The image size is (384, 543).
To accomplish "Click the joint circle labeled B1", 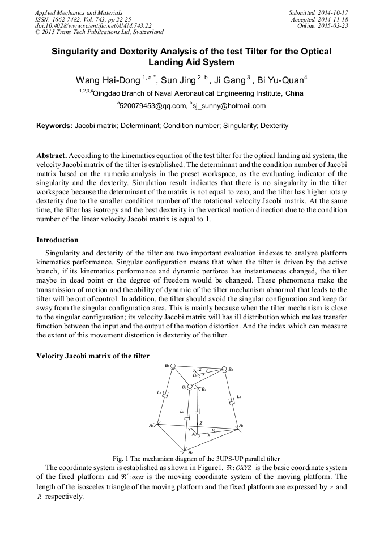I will click(x=173, y=366).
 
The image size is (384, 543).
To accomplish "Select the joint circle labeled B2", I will click(x=190, y=387).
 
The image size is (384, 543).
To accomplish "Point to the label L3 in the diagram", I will click(x=239, y=396).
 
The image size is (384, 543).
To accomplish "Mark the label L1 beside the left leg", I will click(x=159, y=392).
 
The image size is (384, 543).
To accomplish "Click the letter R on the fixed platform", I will click(x=213, y=431).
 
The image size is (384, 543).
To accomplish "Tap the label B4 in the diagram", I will click(x=204, y=389).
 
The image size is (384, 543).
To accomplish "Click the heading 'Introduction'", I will click(x=57, y=240).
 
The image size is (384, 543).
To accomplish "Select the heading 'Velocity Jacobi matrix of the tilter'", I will click(x=93, y=356).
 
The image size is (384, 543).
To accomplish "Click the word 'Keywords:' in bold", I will click(x=54, y=126).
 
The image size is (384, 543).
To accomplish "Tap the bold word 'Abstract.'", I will click(x=52, y=155).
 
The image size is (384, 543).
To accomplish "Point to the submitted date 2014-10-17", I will click(x=331, y=12).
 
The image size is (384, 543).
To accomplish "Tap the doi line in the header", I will click(x=93, y=25).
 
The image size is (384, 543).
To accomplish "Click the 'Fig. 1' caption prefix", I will click(x=121, y=458).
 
